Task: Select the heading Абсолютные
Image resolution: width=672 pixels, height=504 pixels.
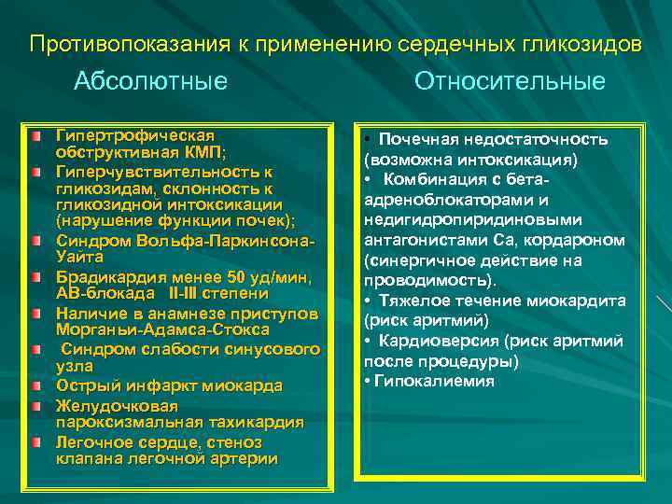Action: (x=150, y=82)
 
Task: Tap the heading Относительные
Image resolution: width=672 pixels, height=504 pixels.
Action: (x=510, y=82)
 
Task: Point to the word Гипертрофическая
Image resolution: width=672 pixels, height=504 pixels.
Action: (x=135, y=137)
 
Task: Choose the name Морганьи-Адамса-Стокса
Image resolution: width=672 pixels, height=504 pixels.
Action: (x=162, y=329)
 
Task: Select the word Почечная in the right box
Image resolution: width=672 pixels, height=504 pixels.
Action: (x=414, y=140)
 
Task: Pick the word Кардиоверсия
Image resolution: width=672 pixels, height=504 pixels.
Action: (x=432, y=340)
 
